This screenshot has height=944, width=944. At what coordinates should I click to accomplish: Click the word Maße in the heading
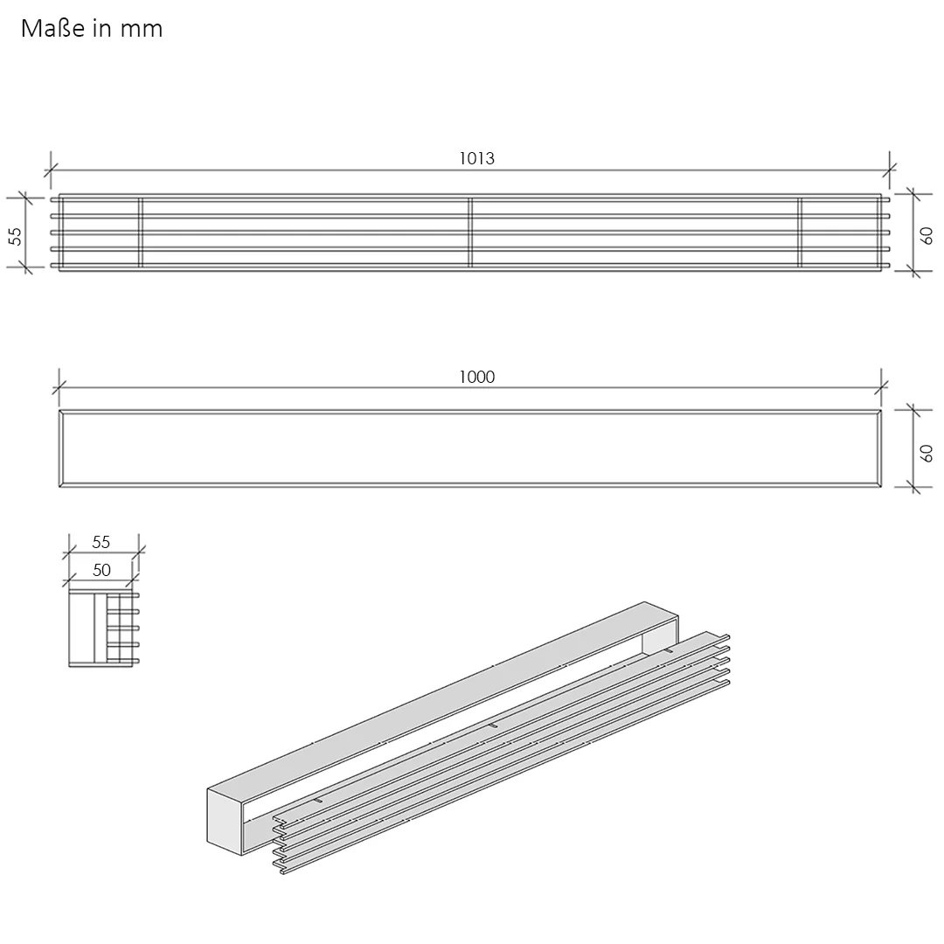(53, 28)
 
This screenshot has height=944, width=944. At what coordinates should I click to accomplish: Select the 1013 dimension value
(477, 158)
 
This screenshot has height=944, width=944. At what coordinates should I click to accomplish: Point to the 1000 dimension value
(477, 377)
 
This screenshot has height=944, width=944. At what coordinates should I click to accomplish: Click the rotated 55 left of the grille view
(16, 236)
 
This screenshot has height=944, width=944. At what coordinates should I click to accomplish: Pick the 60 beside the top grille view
(927, 235)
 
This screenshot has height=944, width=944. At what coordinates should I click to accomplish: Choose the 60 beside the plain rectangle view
(927, 454)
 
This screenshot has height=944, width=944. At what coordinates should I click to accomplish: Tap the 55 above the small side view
(101, 543)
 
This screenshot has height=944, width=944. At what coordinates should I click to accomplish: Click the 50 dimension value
(101, 570)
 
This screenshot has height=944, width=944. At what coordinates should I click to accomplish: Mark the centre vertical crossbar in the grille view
(470, 233)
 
